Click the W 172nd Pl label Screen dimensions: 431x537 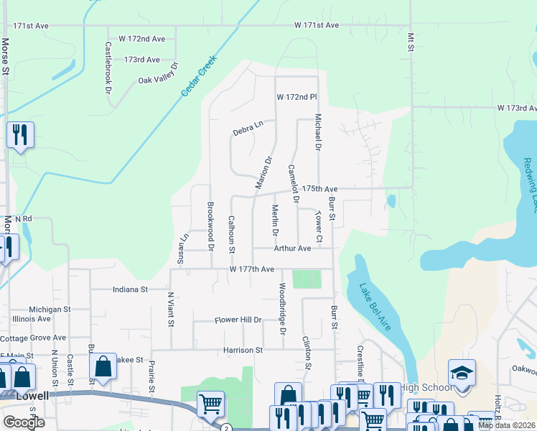[296, 97]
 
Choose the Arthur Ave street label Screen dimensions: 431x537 [292, 249]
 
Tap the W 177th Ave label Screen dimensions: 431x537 [252, 269]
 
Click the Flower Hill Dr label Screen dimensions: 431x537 [238, 320]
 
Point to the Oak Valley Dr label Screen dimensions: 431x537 [157, 80]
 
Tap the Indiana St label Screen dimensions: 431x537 [129, 290]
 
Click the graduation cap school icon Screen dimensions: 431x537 [462, 374]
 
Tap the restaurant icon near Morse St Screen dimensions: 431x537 [20, 134]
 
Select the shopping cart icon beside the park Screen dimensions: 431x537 [210, 405]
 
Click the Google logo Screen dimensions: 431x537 [24, 422]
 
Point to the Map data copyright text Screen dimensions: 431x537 [507, 425]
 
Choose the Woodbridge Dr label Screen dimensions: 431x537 [282, 309]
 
